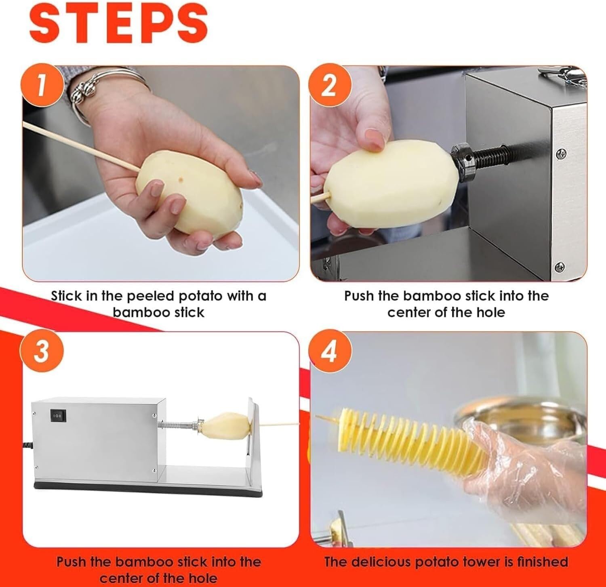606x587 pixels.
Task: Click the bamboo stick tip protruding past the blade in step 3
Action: tap(283, 424)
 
